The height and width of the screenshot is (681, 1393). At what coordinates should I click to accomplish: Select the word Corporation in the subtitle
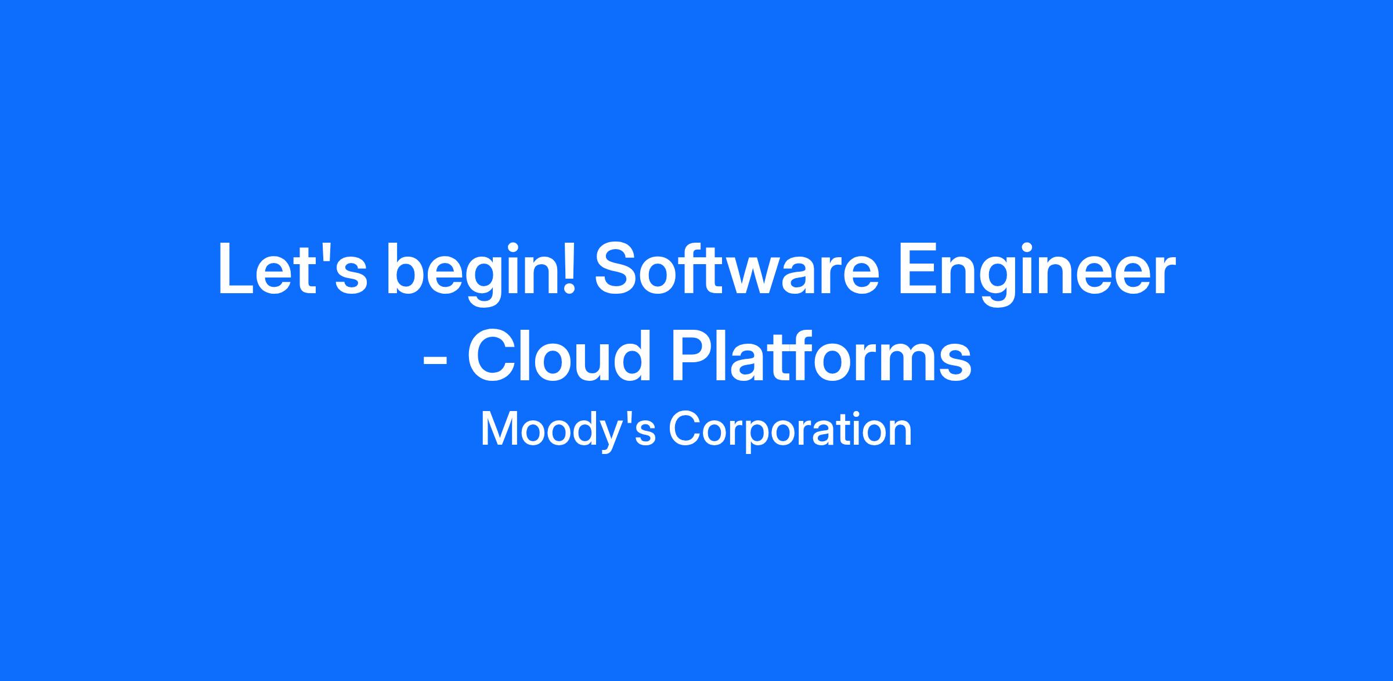point(790,431)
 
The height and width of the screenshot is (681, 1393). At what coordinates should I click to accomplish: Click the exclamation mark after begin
point(569,269)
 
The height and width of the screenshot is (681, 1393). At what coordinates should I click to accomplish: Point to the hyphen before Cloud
point(435,362)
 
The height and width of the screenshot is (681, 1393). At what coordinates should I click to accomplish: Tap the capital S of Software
point(619,269)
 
